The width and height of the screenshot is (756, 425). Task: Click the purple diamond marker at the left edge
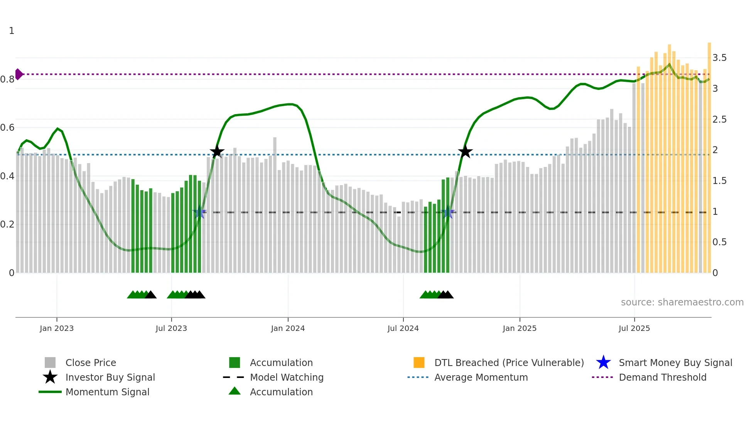coord(19,74)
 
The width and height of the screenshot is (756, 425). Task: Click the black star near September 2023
coord(217,152)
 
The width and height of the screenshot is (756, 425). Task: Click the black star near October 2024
coord(465,152)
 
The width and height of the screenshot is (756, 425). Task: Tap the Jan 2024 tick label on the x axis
coord(288,328)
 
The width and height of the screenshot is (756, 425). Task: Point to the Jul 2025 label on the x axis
coord(634,328)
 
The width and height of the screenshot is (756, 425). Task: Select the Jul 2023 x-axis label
coord(171,328)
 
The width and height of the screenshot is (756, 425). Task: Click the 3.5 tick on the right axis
coord(719,58)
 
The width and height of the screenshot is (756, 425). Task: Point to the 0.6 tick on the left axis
coord(7,128)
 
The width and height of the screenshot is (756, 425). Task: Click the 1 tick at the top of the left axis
coord(12,31)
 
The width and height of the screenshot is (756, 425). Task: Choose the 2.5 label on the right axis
coord(719,120)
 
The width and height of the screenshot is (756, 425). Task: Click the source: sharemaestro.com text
coord(682,302)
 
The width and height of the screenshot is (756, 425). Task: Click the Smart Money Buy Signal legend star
coord(603,363)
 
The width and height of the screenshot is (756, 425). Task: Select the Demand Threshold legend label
coord(662,377)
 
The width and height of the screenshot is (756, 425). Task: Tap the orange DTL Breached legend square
coord(419,363)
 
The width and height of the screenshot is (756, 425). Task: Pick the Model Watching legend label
coord(287,377)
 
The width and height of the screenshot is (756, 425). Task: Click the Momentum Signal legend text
coord(107,392)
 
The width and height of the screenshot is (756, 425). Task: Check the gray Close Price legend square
coord(50,363)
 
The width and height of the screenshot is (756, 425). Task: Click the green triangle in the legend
coord(235,391)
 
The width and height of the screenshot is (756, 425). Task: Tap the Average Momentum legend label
coord(481,377)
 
